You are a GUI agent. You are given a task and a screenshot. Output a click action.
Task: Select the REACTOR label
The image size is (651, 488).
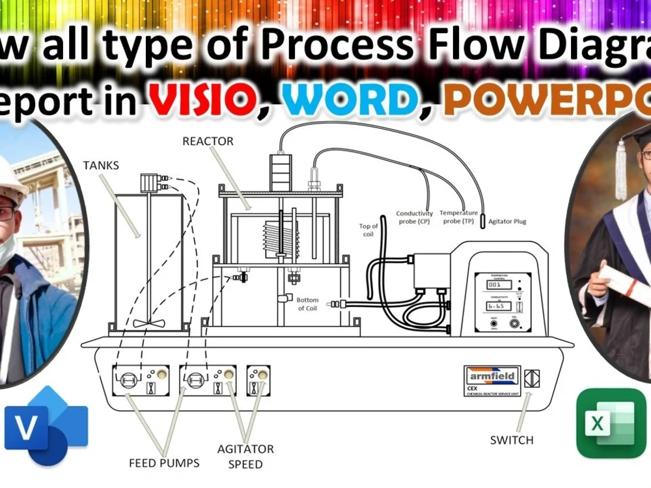coord(208,141)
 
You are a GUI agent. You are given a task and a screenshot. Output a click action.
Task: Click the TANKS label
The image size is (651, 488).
coord(101,165)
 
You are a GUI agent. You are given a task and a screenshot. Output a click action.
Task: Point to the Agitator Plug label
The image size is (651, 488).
coord(507,221)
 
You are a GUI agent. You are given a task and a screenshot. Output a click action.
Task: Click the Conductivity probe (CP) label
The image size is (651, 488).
coord(414,217)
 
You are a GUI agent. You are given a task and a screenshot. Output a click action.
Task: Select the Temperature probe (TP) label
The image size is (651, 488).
coord(459,217)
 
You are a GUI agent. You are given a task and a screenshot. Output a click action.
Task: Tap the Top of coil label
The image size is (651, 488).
coord(368,230)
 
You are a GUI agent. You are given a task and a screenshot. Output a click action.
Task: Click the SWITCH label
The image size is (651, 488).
coord(512,441)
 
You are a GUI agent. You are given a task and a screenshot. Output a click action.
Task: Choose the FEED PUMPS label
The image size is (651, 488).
coord(164,463)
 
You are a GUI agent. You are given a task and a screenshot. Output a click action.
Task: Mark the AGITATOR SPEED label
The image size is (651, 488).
coord(245,456)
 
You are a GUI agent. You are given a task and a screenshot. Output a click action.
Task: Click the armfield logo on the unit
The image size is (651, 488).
coord(492,375)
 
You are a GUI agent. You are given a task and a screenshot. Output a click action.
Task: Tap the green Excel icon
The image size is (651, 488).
coord(611,424)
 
